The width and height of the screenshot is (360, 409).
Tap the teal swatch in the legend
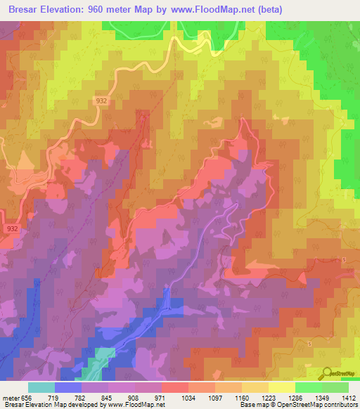click(x=41, y=387)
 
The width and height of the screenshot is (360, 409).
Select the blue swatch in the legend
click(x=68, y=387)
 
